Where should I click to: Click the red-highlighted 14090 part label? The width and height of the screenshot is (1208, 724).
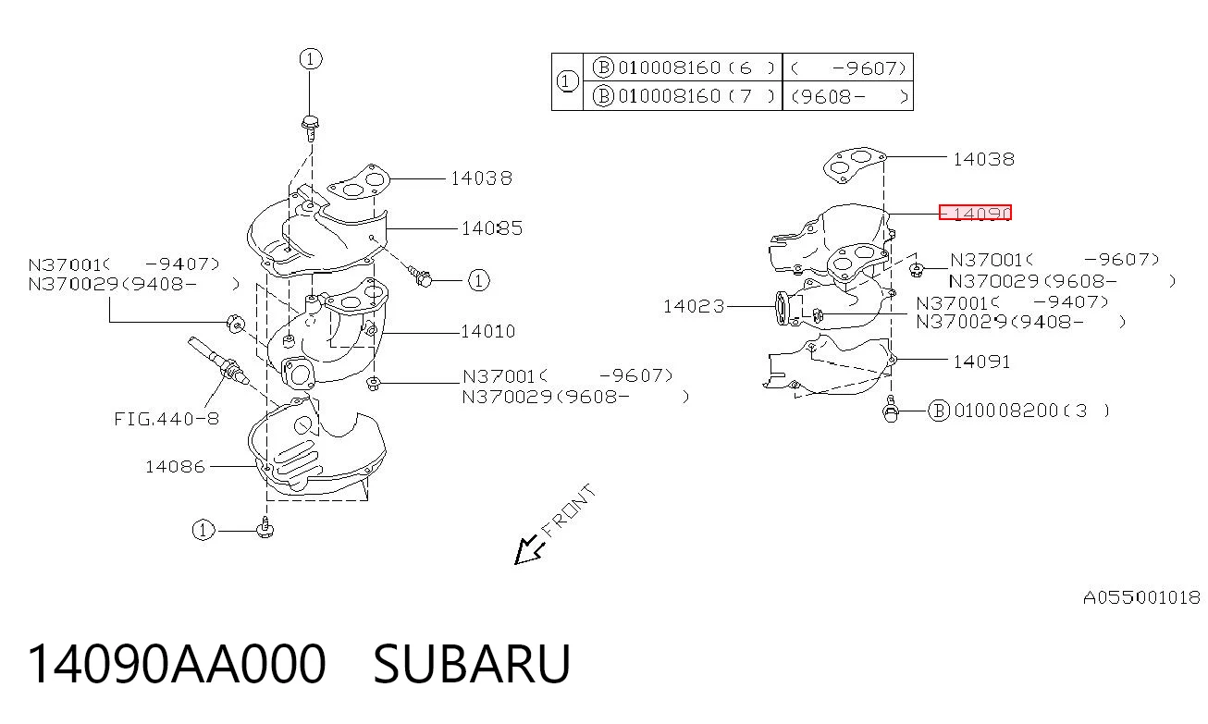(975, 213)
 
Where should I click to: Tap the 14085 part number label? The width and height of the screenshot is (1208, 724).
(492, 228)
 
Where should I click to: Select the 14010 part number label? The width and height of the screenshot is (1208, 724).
(488, 331)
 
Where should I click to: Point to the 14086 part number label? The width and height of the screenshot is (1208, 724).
(175, 466)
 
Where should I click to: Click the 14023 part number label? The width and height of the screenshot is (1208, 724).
(694, 306)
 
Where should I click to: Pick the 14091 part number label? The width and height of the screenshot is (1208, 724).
(981, 362)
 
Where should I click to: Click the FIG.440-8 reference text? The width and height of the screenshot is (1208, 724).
(166, 419)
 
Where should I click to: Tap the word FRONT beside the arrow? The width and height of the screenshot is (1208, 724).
(569, 510)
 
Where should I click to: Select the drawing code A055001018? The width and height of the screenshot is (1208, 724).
(1141, 597)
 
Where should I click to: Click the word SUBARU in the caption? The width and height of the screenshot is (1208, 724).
(472, 664)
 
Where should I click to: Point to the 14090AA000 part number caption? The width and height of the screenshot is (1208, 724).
(177, 664)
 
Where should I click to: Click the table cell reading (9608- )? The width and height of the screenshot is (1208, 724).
(848, 96)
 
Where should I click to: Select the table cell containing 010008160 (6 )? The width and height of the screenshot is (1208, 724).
(683, 67)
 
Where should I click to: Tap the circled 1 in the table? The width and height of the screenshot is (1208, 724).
(566, 82)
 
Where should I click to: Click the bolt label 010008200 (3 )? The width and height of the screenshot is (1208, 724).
(1018, 411)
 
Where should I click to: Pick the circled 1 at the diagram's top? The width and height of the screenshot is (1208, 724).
(311, 59)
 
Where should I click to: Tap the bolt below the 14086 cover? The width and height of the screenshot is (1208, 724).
(265, 528)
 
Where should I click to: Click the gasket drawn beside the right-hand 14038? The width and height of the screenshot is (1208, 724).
(855, 164)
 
